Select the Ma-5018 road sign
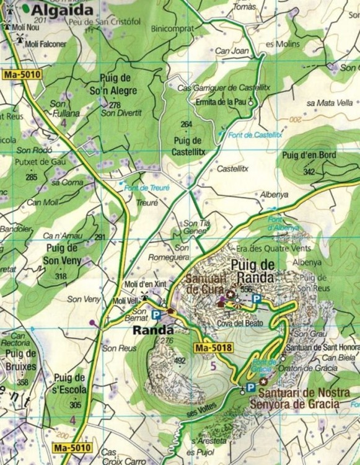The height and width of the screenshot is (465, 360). pos(214,348)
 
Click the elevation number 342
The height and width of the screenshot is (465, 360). pos(310,171)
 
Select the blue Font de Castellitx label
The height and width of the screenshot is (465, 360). pos(255,135)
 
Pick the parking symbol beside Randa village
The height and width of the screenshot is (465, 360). pos(157,315)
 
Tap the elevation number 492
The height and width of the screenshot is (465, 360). pos(180,360)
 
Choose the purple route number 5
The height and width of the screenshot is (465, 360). pos(214,365)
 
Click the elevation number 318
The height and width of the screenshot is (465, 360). pos(61,277)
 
